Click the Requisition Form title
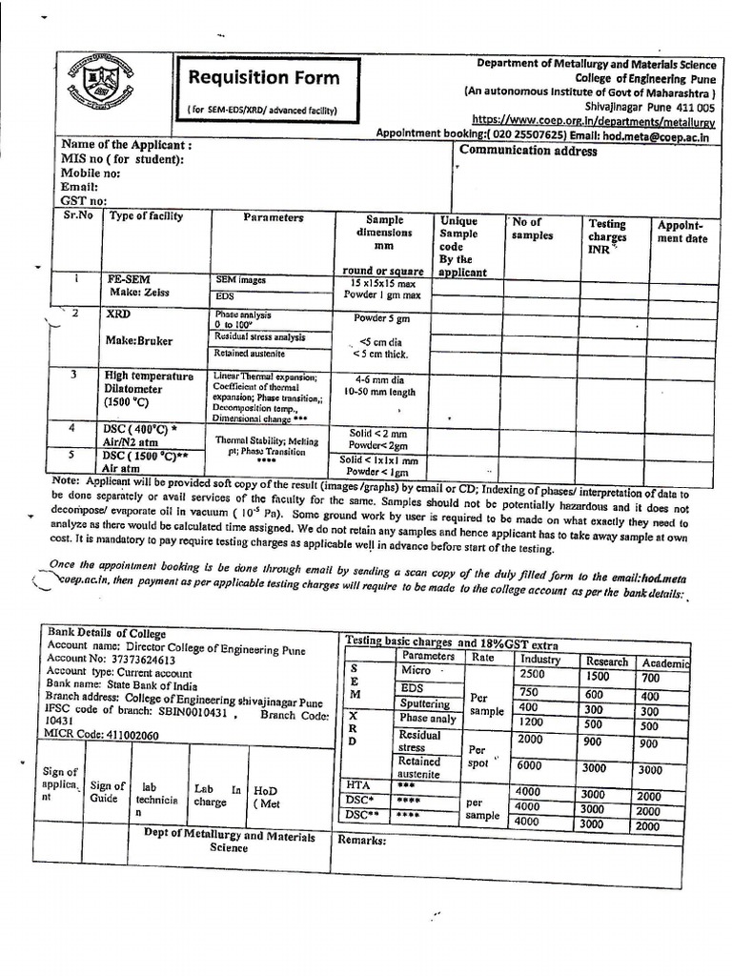pos(262,77)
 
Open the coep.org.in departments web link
pos(594,120)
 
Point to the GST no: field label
pos(84,201)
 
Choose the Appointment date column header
pos(681,233)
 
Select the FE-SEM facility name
pos(131,280)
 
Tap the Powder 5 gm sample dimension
pos(380,318)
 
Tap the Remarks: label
pos(362,840)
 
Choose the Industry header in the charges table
pos(540,660)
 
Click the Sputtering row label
pos(425,703)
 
